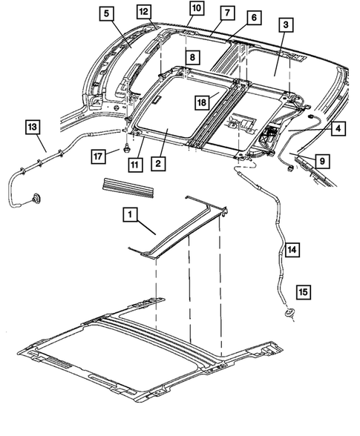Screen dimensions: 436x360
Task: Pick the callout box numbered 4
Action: coord(336,128)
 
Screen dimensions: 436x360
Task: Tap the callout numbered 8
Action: coord(192,57)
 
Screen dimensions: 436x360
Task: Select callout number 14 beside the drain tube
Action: coord(292,251)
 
